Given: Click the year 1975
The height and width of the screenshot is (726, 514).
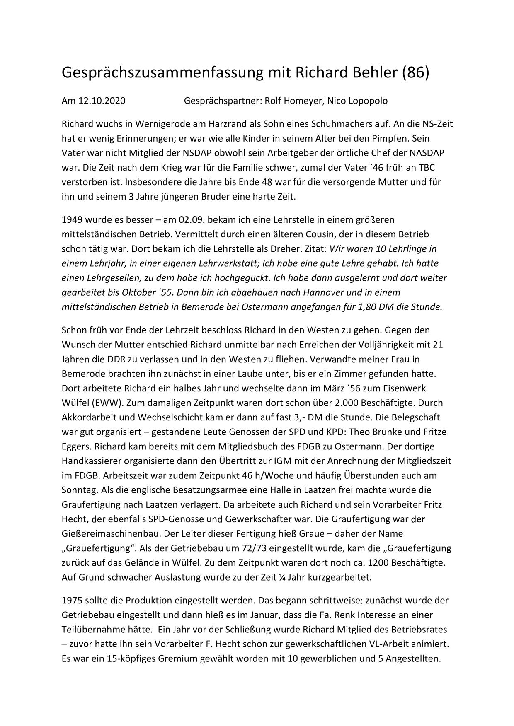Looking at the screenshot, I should click(71, 600).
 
